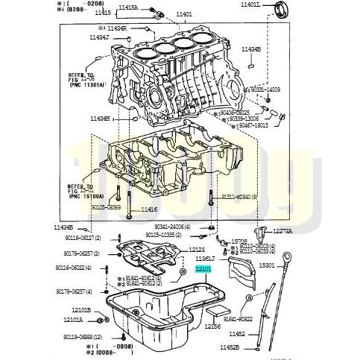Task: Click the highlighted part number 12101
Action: point(203,269)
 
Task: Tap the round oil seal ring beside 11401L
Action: point(281,10)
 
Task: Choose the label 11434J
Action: point(98,37)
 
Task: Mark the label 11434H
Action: point(99,118)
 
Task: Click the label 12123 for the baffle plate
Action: point(196,250)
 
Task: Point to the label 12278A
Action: point(281,231)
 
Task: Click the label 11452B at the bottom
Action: point(251,347)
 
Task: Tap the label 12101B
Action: point(81,309)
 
